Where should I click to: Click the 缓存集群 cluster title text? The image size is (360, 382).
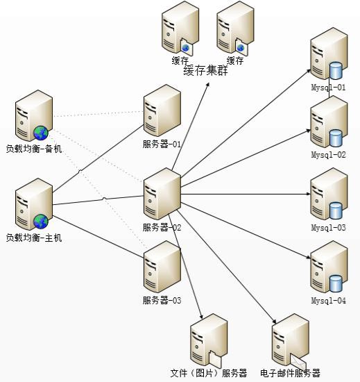[205, 71]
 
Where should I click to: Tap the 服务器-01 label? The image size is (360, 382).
[162, 144]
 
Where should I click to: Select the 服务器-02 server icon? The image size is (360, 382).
[162, 194]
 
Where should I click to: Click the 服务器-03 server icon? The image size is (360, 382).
[162, 267]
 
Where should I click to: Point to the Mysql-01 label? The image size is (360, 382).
[328, 88]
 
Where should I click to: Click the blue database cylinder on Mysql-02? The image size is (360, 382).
[336, 138]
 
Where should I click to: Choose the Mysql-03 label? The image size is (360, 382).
[328, 228]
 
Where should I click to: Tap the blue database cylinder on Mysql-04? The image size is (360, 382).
[336, 283]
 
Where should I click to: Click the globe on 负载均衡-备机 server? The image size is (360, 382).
[41, 133]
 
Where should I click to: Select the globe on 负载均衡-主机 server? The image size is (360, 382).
[41, 221]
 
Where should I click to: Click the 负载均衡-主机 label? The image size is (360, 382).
[34, 238]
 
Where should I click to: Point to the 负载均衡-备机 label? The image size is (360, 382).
[34, 149]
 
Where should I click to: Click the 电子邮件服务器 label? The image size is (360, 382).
[290, 373]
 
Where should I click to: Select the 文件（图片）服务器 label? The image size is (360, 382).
[209, 373]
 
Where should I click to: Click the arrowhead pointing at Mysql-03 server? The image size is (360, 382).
[309, 194]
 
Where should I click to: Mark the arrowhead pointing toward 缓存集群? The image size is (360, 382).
[207, 84]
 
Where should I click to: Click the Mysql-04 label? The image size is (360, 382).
[328, 300]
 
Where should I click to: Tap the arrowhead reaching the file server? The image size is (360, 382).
[201, 317]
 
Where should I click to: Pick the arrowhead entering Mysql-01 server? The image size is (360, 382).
[309, 71]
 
